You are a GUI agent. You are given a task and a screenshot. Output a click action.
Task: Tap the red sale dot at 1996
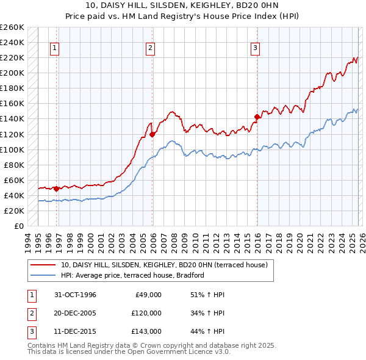click(57, 189)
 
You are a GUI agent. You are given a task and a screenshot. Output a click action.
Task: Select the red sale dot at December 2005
click(152, 134)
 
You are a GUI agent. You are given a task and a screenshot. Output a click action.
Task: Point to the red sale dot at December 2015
click(257, 117)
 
